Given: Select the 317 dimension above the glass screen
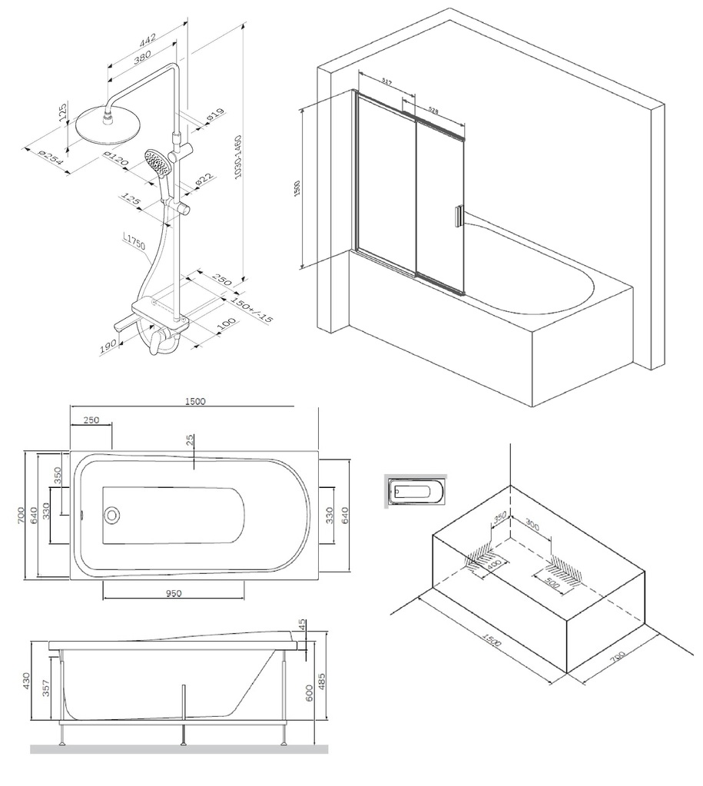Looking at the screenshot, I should pyautogui.click(x=386, y=82).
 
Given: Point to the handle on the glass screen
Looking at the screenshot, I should pyautogui.click(x=459, y=216).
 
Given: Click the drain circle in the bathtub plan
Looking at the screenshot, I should pyautogui.click(x=114, y=514).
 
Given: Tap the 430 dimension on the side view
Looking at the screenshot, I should pyautogui.click(x=25, y=680).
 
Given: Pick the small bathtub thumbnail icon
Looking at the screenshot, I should pyautogui.click(x=416, y=490).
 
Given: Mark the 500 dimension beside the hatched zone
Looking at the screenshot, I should pyautogui.click(x=552, y=578).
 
